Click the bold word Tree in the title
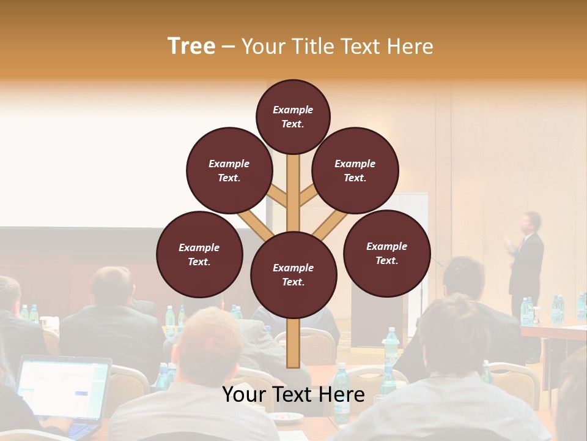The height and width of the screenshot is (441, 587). click(x=191, y=46)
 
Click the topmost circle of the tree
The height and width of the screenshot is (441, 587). click(x=293, y=116)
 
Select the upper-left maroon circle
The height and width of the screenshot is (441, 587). click(x=229, y=170)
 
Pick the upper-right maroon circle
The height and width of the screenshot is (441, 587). click(x=355, y=170)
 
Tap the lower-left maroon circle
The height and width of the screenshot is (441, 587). click(x=199, y=254)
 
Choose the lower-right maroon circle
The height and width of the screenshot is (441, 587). click(x=386, y=253)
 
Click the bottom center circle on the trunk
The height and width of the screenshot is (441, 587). click(x=293, y=274)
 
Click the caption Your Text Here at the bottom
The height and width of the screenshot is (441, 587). click(x=293, y=394)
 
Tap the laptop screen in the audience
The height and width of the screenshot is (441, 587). click(x=62, y=390)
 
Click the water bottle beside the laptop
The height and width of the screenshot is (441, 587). click(x=163, y=377)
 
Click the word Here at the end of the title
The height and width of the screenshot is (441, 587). click(x=412, y=46)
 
